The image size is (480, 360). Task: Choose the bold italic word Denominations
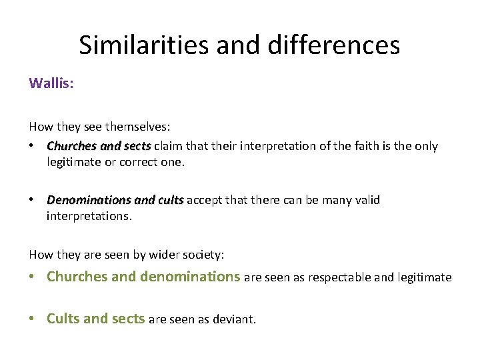pyautogui.click(x=89, y=200)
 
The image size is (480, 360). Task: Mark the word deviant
pyautogui.click(x=233, y=319)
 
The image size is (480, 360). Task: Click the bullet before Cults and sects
pyautogui.click(x=33, y=319)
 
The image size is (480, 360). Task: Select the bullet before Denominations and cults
pyautogui.click(x=33, y=200)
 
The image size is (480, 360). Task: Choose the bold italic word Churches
pyautogui.click(x=73, y=146)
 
